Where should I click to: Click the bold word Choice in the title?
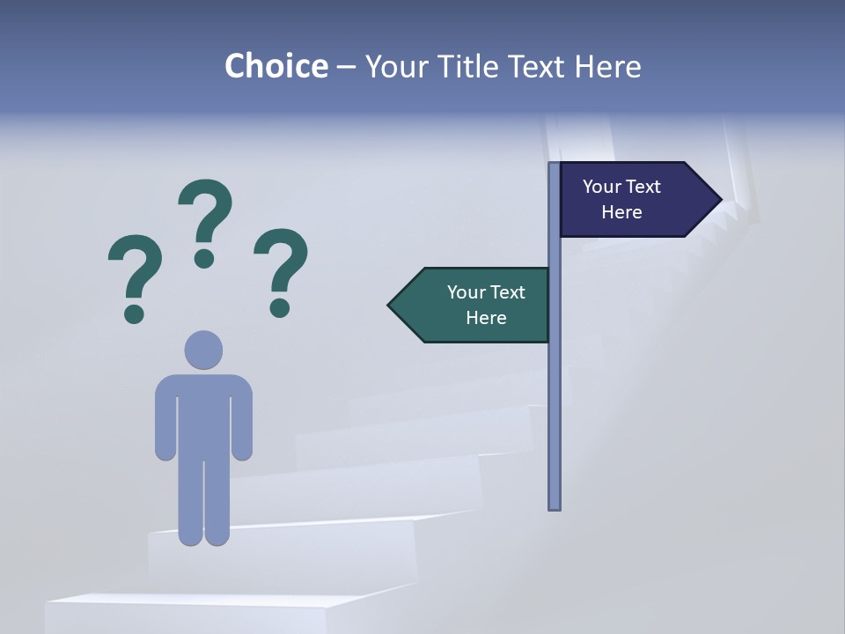[276, 66]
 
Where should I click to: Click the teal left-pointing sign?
[471, 305]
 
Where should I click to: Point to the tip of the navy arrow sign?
[720, 199]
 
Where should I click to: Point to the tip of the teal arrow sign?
[390, 305]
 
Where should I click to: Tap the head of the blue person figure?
[203, 350]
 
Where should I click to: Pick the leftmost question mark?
[135, 269]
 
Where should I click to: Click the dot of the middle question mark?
[204, 258]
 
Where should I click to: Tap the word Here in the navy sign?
[621, 212]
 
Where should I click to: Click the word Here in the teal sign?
[486, 318]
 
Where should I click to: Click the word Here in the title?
[607, 66]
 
